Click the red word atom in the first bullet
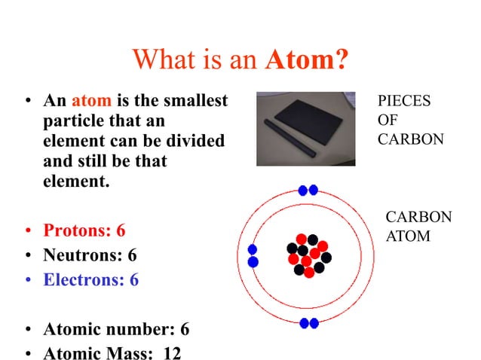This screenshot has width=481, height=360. coord(91,100)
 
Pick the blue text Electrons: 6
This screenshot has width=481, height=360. coord(90,280)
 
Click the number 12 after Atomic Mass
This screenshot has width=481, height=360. coord(172,353)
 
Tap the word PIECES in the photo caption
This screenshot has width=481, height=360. coord(404,101)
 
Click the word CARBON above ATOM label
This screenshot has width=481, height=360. coord(418,217)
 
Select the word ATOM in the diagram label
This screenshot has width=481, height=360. coord(408,236)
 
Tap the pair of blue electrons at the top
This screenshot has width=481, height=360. coord(308,190)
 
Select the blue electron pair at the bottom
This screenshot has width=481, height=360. coord(308,323)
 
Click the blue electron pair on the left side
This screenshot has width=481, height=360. coord(253,255)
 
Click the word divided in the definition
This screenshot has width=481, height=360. coord(196,141)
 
